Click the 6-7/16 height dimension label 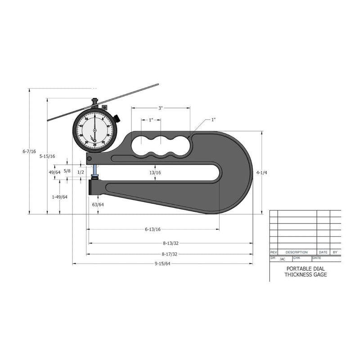click(29, 152)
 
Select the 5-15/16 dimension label click(47, 156)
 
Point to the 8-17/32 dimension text click(171, 254)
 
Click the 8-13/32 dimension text click(171, 243)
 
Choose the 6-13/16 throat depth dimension click(153, 229)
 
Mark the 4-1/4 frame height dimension click(261, 172)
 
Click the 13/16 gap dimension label click(156, 172)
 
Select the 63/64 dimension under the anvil click(98, 205)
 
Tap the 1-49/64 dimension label click(59, 197)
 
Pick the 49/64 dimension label click(54, 172)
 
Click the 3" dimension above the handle click(160, 108)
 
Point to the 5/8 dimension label click(67, 171)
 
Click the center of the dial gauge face click(94, 130)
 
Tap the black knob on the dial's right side click(117, 118)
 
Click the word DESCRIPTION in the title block click(296, 252)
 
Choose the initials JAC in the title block click(282, 259)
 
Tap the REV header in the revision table click(273, 252)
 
